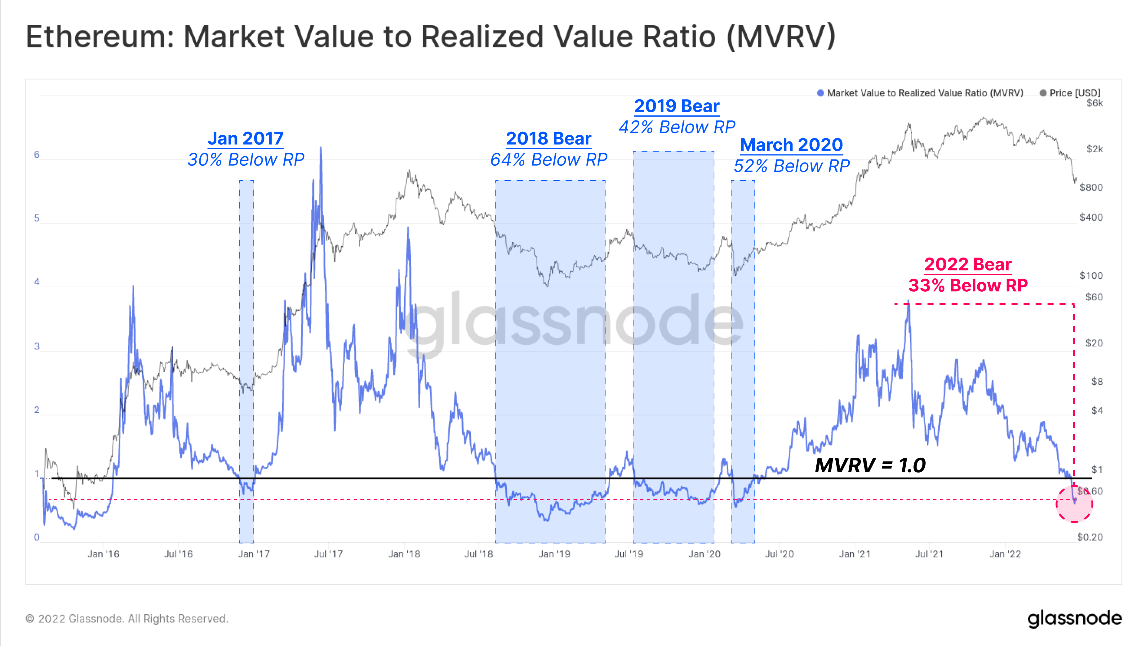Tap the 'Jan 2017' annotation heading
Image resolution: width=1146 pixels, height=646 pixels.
(x=246, y=138)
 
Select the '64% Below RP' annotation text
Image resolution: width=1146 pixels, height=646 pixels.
(x=549, y=159)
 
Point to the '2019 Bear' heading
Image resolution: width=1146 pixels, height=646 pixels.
(x=677, y=106)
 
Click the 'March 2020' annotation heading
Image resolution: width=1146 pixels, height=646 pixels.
(x=791, y=145)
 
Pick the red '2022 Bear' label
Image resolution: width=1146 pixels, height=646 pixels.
(x=968, y=264)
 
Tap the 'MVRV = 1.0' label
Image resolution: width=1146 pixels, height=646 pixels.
(x=870, y=465)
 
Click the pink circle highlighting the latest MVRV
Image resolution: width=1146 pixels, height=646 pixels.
(x=1074, y=504)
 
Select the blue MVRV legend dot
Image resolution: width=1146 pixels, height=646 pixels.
(x=820, y=93)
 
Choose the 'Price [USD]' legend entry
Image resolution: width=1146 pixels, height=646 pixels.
(x=1074, y=93)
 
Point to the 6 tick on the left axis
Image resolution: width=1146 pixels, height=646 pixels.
(x=37, y=155)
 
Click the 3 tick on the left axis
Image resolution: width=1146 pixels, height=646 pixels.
(x=37, y=346)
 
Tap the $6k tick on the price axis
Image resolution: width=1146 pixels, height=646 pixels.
(x=1095, y=103)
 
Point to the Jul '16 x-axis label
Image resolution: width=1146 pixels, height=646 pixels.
(x=178, y=554)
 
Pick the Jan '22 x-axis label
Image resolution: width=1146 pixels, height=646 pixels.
(x=1005, y=554)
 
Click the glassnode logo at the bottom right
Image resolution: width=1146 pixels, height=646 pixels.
(x=1074, y=618)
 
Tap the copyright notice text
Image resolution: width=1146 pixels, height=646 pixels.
(x=127, y=618)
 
